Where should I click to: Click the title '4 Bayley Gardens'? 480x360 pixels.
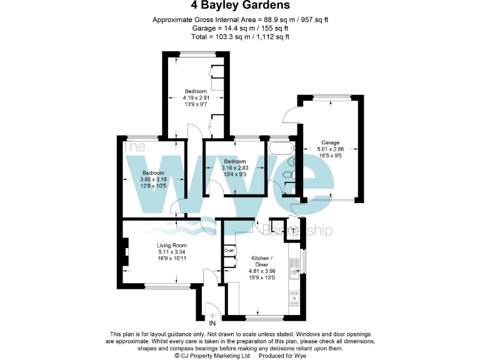pos(240,6)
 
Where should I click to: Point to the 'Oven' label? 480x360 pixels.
pos(229,251)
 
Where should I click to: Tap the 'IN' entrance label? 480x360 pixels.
pos(212,324)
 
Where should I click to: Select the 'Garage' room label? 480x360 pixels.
pos(330,142)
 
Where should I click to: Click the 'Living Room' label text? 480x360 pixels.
pos(172,246)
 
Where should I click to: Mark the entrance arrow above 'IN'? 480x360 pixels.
pos(212,316)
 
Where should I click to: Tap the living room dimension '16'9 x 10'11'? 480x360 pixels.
pos(172,259)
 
